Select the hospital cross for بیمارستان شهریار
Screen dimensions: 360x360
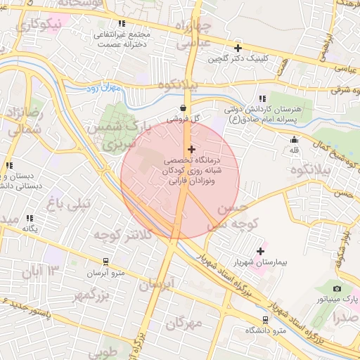pos(261,251)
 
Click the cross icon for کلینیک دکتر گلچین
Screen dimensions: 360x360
pos(238,49)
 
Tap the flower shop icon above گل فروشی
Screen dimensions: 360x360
pos(184,108)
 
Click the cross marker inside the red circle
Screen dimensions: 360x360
pos(191,149)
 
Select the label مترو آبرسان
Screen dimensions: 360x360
pos(105,273)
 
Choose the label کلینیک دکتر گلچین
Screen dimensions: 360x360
pos(238,59)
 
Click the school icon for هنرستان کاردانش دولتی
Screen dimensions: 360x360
pos(262,98)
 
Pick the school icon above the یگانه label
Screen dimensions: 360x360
pos(30,219)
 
